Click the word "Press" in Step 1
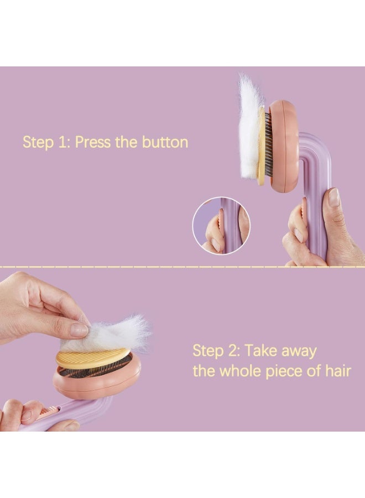[93, 142]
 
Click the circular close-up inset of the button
[222, 226]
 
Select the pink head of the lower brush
[97, 380]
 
